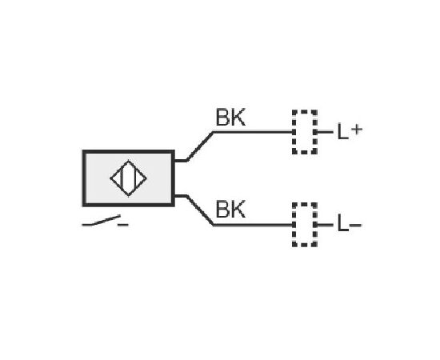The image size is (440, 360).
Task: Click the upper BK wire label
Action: [x=230, y=118]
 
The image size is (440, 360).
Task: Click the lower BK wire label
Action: [x=230, y=209]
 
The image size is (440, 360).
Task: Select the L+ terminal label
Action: [x=350, y=131]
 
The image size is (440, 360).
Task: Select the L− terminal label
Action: [x=349, y=223]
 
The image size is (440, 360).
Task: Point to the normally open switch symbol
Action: [x=106, y=221]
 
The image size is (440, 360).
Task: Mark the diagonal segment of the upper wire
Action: [x=200, y=146]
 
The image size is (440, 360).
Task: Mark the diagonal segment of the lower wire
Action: [x=200, y=210]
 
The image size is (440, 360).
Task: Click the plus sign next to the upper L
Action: [x=357, y=130]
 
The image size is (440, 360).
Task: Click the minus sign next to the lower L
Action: [x=355, y=225]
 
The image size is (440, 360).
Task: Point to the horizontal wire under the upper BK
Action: [x=253, y=131]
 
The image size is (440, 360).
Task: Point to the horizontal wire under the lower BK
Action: [x=253, y=225]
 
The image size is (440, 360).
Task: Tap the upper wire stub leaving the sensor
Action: [x=181, y=161]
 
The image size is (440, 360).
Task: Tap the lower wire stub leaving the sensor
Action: [x=181, y=196]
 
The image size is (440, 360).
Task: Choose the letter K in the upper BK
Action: [x=238, y=118]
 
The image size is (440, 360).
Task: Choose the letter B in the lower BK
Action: [x=223, y=209]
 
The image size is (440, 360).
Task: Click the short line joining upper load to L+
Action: [x=325, y=131]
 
